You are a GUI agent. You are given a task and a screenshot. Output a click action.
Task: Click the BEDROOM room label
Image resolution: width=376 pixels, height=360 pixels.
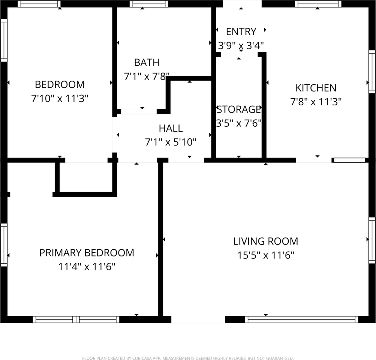click(60, 84)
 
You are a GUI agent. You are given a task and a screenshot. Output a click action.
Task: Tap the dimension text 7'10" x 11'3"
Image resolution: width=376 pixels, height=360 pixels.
click(60, 99)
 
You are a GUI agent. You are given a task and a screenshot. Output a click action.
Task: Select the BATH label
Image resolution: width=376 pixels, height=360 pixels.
click(147, 62)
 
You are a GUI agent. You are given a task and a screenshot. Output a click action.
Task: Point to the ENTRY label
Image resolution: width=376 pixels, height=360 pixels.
click(241, 31)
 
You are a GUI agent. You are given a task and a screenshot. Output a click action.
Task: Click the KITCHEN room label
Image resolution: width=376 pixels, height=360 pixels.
click(316, 88)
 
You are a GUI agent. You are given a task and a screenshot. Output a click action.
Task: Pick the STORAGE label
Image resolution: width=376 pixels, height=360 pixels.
click(239, 109)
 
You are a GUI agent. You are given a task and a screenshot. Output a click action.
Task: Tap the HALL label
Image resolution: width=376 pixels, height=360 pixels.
click(171, 128)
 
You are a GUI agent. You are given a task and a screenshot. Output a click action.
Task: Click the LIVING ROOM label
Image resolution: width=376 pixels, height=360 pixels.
click(266, 241)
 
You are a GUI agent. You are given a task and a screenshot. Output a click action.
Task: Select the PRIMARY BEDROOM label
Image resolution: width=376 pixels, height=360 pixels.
click(87, 253)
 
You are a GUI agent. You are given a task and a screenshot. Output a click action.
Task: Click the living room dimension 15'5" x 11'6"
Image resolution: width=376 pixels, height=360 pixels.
click(266, 255)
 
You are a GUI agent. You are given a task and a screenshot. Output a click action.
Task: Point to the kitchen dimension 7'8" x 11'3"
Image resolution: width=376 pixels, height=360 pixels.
click(316, 102)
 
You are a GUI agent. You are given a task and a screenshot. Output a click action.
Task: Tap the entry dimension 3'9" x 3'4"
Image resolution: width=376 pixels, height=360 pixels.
click(241, 46)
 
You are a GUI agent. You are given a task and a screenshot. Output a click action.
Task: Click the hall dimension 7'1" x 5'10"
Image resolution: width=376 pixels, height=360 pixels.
click(171, 142)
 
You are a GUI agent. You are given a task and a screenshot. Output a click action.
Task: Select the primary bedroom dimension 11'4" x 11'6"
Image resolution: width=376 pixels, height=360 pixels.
click(87, 267)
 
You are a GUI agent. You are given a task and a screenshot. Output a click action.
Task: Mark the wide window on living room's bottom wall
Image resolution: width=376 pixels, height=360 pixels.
click(301, 319)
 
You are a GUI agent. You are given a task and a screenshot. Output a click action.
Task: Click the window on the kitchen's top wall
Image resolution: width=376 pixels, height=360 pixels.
click(318, 4)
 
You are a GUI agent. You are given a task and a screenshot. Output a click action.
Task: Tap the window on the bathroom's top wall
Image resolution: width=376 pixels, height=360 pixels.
click(149, 4)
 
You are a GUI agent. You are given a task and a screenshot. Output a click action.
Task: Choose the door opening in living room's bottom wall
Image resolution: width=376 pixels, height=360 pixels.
click(198, 319)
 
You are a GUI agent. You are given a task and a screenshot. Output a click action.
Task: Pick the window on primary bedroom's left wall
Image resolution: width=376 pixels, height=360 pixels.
click(4, 244)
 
